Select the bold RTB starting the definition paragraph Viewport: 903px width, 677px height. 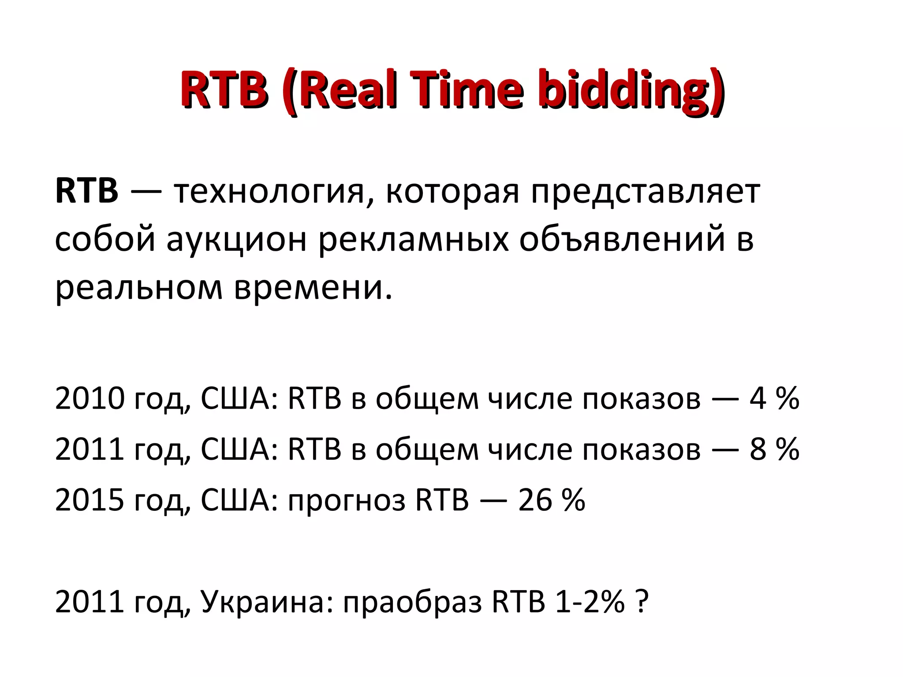pos(87,191)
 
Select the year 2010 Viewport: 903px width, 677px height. pos(90,398)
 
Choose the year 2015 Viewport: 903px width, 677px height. pos(90,500)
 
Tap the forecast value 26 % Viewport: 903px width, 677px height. pos(552,500)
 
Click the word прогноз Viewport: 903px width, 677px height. pos(347,501)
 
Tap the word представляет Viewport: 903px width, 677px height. pos(646,193)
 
